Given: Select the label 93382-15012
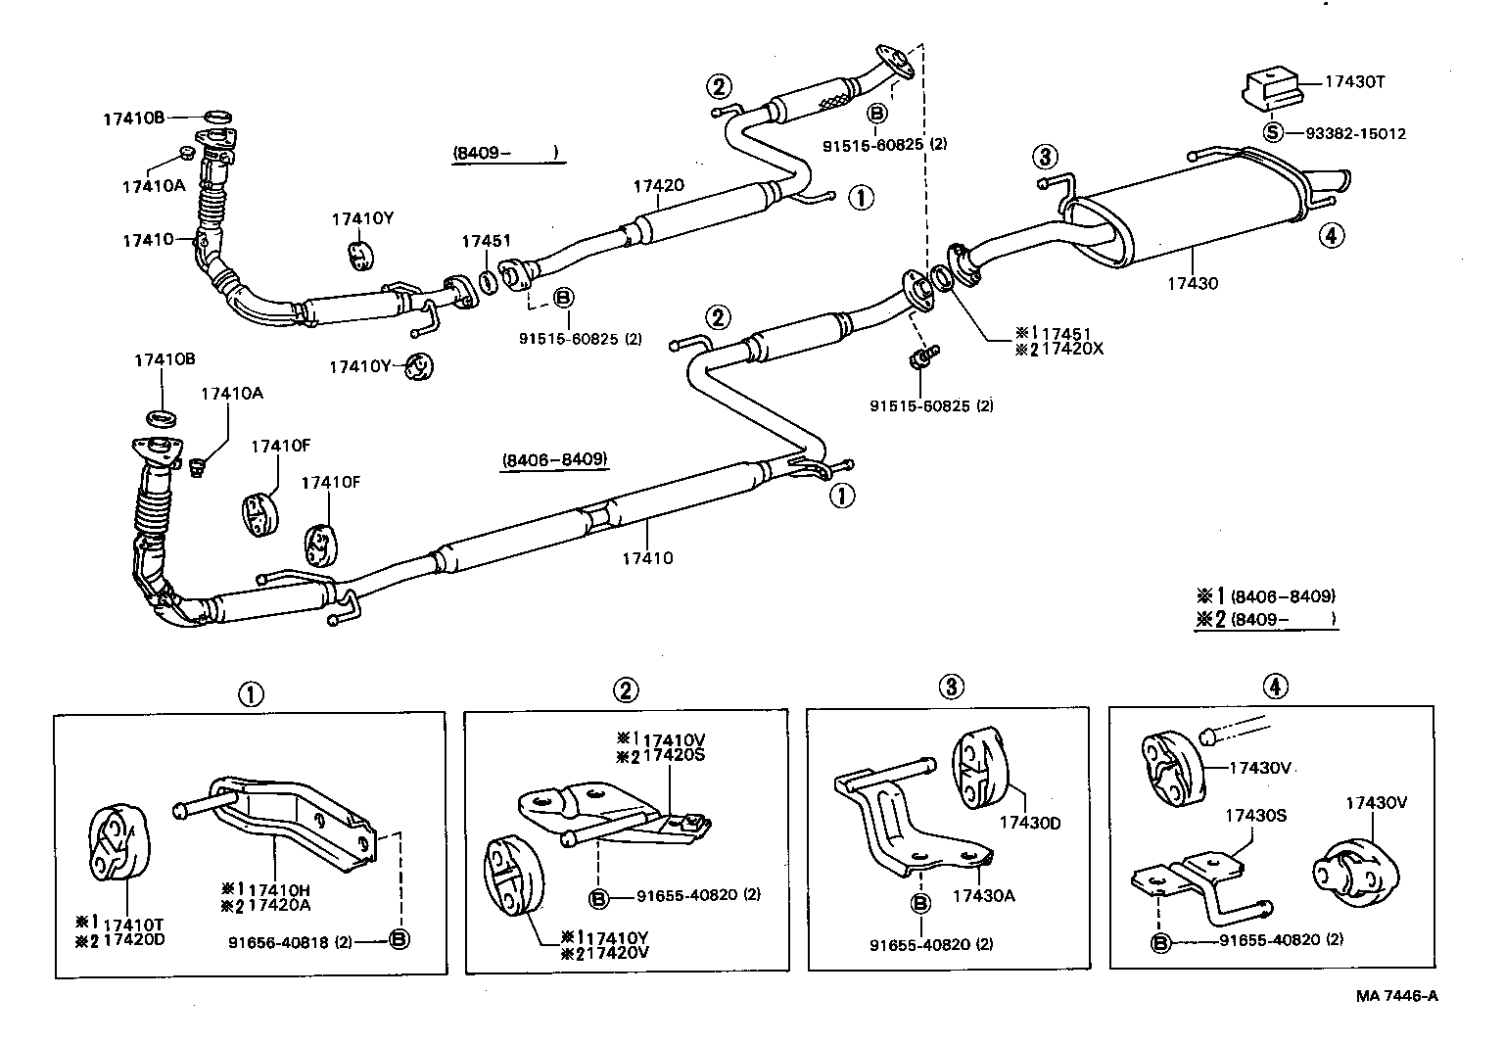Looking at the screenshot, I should coord(1349,133).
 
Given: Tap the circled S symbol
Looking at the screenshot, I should coord(1272,132).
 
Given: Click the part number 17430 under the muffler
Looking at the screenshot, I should coord(1192,284).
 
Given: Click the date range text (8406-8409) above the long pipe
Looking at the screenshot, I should coord(553,459).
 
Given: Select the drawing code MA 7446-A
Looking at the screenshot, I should coord(1396,996).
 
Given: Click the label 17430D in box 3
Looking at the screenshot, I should coord(1029,823).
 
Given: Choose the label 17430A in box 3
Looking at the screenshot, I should coord(984,895).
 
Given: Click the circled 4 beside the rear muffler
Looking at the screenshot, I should coord(1331,234).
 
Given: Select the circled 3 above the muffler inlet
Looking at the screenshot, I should coord(1046,156).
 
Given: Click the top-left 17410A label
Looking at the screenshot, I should coord(153,185).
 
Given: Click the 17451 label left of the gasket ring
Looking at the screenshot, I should coord(487,241).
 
